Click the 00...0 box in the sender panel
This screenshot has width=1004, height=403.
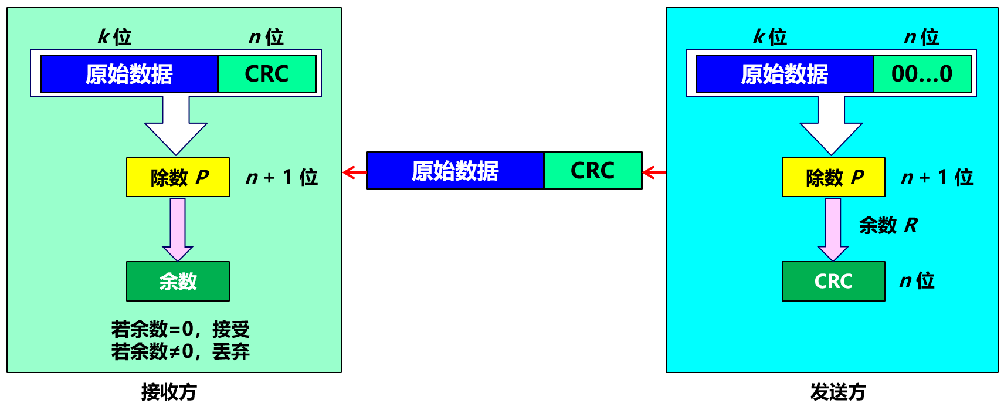pyautogui.click(x=922, y=74)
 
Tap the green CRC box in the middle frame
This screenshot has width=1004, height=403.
pyautogui.click(x=592, y=171)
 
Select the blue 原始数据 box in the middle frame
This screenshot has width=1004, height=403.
pyautogui.click(x=455, y=171)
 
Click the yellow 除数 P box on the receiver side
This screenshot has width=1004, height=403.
pyautogui.click(x=178, y=177)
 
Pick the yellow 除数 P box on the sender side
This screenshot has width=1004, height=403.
pyautogui.click(x=833, y=177)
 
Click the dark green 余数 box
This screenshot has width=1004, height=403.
pyautogui.click(x=178, y=282)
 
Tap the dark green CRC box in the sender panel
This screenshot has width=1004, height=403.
pyautogui.click(x=833, y=282)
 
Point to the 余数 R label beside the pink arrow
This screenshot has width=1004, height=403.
pyautogui.click(x=888, y=225)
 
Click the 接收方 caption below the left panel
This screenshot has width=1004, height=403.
pyautogui.click(x=169, y=392)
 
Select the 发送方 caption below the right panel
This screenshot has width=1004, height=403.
pyautogui.click(x=838, y=392)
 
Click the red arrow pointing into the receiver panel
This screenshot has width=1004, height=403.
pyautogui.click(x=354, y=172)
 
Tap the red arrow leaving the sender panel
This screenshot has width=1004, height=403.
pyautogui.click(x=654, y=172)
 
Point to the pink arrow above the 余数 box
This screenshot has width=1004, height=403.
pyautogui.click(x=178, y=229)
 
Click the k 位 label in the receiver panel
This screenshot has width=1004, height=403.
pyautogui.click(x=114, y=37)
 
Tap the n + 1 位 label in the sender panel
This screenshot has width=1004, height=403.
pyautogui.click(x=937, y=177)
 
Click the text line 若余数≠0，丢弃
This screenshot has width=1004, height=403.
pyautogui.click(x=180, y=352)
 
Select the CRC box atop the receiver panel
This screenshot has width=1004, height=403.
pyautogui.click(x=266, y=74)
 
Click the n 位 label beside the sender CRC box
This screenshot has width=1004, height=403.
pyautogui.click(x=917, y=281)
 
